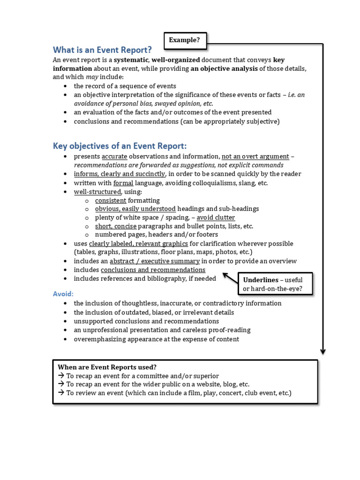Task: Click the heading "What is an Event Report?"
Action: coord(102,50)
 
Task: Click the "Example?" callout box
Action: coord(185,40)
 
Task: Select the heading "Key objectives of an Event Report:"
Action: coord(120,145)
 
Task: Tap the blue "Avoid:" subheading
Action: coord(63,293)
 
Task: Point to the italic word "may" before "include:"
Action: coord(92,77)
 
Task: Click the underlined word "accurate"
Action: coord(114,157)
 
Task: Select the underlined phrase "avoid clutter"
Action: coord(216,217)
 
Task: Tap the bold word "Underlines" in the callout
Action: coord(261,280)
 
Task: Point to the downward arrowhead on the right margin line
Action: coord(323,351)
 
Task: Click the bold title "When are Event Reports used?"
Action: coord(107,367)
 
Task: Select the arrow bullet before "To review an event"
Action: coord(61,393)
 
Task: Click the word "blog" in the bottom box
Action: coord(231,384)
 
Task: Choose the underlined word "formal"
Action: coord(123,183)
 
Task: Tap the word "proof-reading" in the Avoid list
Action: coord(230,330)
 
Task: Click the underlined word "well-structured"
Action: coord(97,192)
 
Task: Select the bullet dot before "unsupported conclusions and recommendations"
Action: coord(64,322)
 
